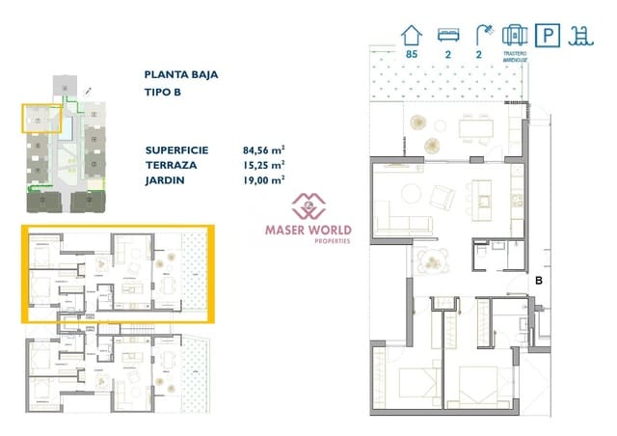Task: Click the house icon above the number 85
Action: (412, 35)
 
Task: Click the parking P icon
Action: (549, 37)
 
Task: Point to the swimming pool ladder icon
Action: (581, 36)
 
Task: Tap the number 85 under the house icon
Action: (412, 56)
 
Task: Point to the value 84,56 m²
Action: (264, 150)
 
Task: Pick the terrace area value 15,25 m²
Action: (264, 165)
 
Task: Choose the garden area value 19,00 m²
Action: (264, 179)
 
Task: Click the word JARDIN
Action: (166, 179)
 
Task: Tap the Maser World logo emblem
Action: (308, 205)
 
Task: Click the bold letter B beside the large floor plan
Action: (540, 280)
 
